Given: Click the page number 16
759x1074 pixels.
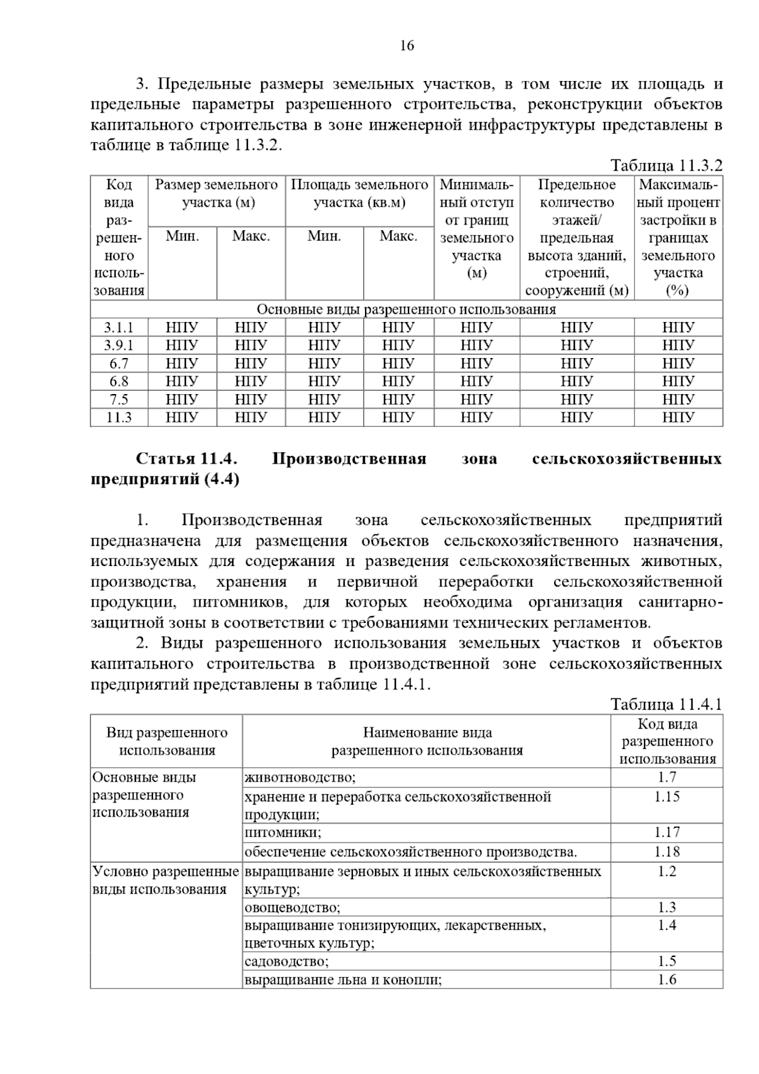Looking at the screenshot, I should (x=407, y=46).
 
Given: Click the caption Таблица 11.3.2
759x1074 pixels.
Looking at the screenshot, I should (x=665, y=166).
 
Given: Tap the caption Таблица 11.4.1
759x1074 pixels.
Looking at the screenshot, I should (x=665, y=705).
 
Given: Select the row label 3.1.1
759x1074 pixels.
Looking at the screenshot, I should (x=119, y=328).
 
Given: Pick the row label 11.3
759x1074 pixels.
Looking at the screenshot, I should (x=119, y=417).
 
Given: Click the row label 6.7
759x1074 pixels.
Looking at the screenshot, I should (x=119, y=364).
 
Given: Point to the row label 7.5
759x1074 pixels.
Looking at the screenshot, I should (x=119, y=400).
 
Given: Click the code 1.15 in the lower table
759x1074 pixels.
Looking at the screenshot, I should (x=667, y=797).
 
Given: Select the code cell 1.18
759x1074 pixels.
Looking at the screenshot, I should (x=667, y=852).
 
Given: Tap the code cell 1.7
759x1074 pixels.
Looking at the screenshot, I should (x=667, y=777).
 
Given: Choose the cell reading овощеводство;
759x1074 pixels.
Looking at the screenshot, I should (x=292, y=908).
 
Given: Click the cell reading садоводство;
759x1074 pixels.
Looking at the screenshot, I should (x=287, y=961).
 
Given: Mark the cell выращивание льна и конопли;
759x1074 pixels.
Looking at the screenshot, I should (x=343, y=980).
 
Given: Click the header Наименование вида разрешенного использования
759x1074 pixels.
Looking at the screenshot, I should (x=427, y=741).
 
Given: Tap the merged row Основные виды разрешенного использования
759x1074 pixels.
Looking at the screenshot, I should (x=406, y=309).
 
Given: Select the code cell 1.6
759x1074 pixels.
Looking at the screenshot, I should (x=667, y=980).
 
